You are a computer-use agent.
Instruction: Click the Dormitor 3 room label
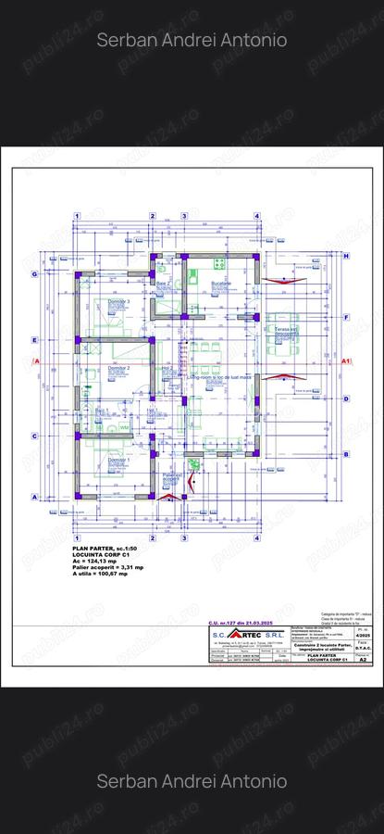[117, 301]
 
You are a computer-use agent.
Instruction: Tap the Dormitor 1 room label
[115, 459]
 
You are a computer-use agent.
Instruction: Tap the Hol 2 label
[167, 368]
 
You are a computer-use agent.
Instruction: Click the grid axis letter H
[346, 256]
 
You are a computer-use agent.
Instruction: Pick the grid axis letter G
[34, 274]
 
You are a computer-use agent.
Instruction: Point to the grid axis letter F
[346, 317]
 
